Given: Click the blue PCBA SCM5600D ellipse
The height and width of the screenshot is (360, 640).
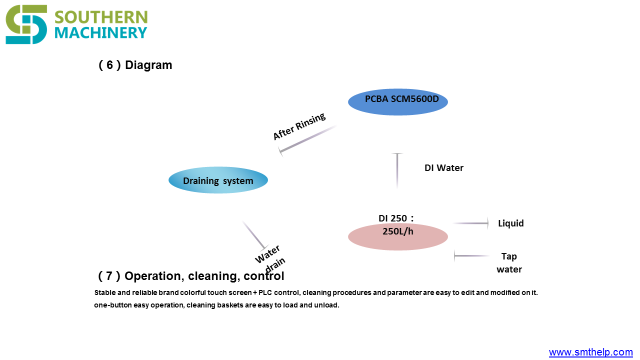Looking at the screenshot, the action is [x=397, y=101].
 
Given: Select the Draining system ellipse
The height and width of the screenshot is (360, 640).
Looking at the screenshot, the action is [x=218, y=180].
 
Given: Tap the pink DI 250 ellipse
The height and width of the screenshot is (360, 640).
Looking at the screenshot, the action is [x=397, y=237].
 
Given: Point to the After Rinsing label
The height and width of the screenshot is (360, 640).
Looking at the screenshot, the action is [x=299, y=126].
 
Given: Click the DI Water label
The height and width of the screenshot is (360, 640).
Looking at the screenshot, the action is [x=443, y=167].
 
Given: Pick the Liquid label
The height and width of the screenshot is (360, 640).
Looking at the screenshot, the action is [x=511, y=223].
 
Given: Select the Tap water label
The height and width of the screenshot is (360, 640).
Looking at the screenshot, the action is [x=509, y=263].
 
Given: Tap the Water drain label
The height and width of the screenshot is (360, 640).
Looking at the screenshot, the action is [x=270, y=259].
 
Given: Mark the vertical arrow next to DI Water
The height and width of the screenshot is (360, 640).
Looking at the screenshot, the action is [x=397, y=171].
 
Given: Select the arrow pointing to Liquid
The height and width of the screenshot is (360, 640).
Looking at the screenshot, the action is [x=471, y=223].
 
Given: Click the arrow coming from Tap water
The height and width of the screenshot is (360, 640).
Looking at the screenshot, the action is [x=471, y=255].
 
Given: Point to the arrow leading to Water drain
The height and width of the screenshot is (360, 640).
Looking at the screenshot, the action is [x=255, y=235].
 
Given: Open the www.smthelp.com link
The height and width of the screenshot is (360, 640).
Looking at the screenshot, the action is [x=590, y=352].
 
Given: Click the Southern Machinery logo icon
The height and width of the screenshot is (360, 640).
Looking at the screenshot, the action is [x=26, y=24].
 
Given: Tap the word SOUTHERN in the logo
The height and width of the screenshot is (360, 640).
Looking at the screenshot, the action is [x=101, y=17].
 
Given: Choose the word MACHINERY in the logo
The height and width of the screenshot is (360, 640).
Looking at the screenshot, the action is [x=100, y=33].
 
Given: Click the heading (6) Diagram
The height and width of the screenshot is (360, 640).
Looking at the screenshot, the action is [x=135, y=65].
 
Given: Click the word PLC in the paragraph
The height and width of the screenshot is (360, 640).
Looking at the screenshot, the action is [x=264, y=293].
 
